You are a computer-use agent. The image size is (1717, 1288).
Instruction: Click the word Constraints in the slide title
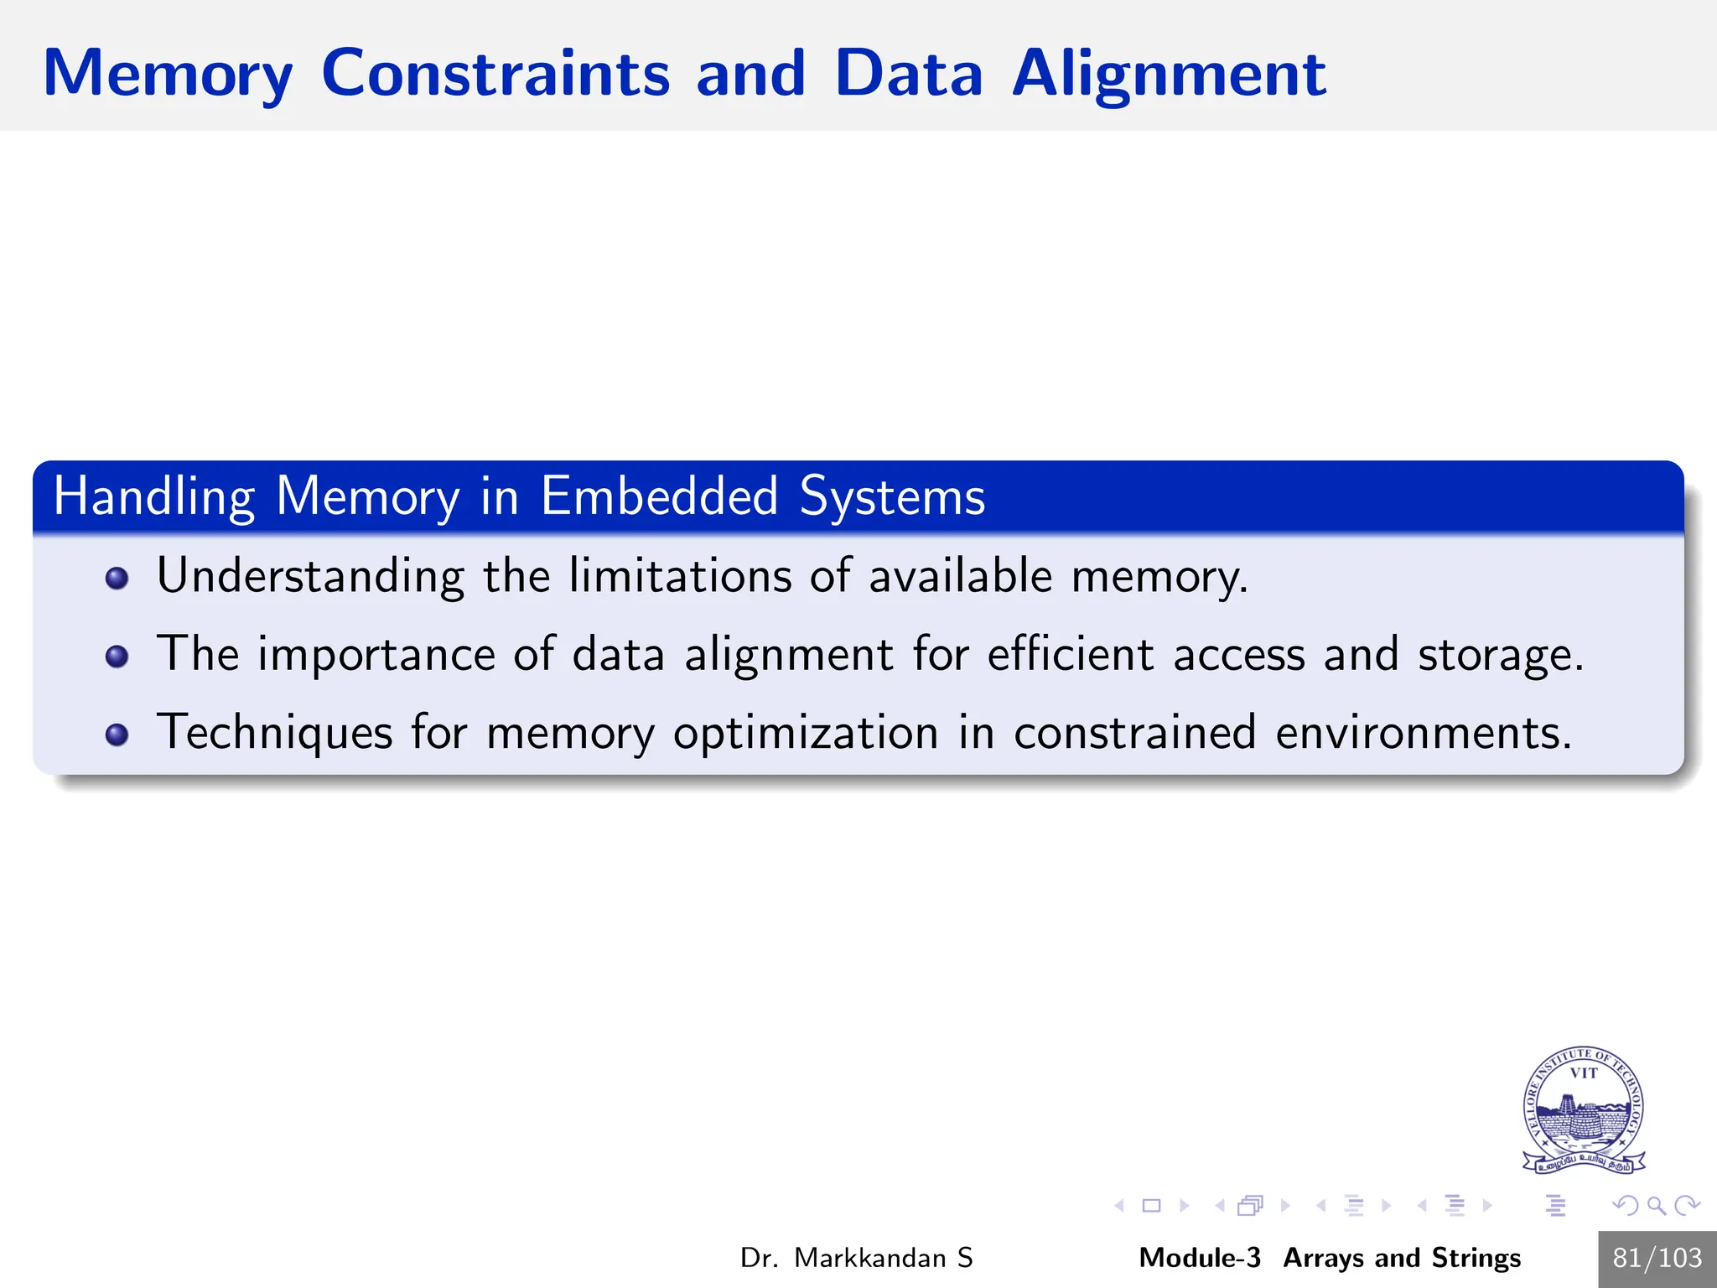[x=495, y=73]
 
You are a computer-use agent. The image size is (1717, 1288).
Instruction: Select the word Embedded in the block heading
[x=659, y=496]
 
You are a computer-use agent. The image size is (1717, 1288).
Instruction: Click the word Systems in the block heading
[x=892, y=497]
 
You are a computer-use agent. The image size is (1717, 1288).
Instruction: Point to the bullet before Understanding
[x=117, y=578]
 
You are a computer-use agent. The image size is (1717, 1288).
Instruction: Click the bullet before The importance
[x=117, y=656]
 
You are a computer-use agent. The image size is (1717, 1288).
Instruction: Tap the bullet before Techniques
[x=117, y=735]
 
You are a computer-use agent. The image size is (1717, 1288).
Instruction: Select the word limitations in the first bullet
[x=680, y=576]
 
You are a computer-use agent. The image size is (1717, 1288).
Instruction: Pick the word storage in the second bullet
[x=1500, y=656]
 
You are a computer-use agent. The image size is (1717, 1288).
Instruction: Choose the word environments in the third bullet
[x=1423, y=732]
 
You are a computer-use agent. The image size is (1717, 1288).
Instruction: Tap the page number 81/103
[x=1657, y=1258]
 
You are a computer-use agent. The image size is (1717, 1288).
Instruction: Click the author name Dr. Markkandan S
[x=856, y=1258]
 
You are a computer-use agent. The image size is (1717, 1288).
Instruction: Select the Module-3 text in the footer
[x=1199, y=1258]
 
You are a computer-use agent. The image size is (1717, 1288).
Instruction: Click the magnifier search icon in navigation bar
[x=1656, y=1206]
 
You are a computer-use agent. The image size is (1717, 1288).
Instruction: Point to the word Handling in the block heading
[x=153, y=497]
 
